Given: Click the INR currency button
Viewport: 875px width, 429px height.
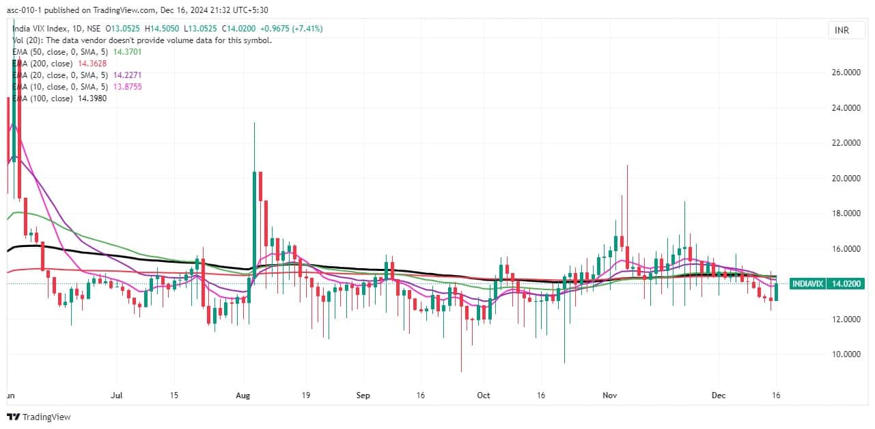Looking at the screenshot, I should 841,30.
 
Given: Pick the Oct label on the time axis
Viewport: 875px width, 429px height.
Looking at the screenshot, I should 484,395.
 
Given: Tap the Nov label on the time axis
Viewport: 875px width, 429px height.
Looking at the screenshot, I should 610,395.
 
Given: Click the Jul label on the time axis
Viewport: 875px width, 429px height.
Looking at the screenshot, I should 116,395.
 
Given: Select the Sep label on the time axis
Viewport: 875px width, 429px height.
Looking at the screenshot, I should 363,395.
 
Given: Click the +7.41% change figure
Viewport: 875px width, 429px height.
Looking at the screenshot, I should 307,29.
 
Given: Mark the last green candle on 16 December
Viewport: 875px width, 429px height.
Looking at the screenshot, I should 776,291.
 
